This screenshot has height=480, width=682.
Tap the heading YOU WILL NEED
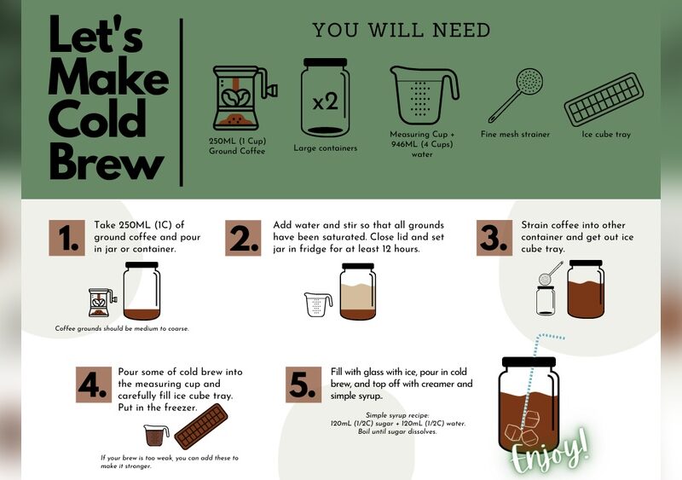pyautogui.click(x=401, y=30)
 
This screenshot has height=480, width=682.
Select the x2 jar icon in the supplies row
pyautogui.click(x=325, y=97)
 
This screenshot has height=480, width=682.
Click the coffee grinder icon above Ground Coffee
pyautogui.click(x=245, y=98)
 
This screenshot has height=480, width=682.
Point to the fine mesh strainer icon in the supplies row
pyautogui.click(x=516, y=95)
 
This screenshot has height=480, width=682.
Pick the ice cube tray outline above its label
pyautogui.click(x=604, y=100)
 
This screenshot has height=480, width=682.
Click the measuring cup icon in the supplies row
pyautogui.click(x=423, y=95)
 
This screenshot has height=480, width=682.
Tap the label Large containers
pyautogui.click(x=326, y=148)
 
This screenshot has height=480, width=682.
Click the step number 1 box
pyautogui.click(x=67, y=238)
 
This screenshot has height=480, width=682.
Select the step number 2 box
pyautogui.click(x=243, y=238)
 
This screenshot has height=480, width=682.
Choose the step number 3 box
pyautogui.click(x=494, y=238)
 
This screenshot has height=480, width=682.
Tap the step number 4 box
pyautogui.click(x=94, y=385)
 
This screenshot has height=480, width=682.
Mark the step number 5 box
pyautogui.click(x=303, y=385)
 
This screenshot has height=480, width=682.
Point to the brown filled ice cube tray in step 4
pyautogui.click(x=201, y=426)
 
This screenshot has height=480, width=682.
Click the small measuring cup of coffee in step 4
pyautogui.click(x=156, y=435)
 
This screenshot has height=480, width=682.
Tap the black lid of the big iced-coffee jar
pyautogui.click(x=529, y=361)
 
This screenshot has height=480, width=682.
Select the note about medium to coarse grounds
pyautogui.click(x=122, y=328)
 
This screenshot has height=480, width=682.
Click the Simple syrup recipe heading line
pyautogui.click(x=397, y=415)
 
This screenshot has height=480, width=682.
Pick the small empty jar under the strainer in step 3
pyautogui.click(x=546, y=300)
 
